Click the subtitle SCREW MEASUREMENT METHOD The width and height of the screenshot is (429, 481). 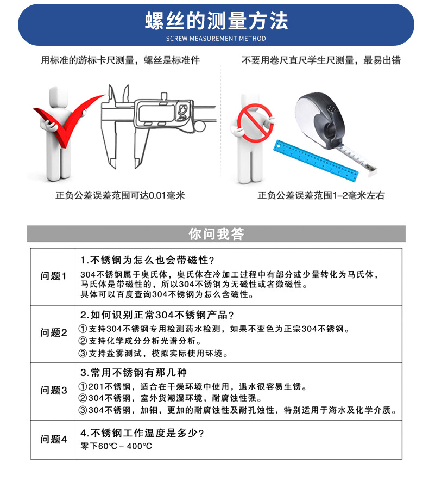tap(216, 39)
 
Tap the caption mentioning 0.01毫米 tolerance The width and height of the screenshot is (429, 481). tap(120, 195)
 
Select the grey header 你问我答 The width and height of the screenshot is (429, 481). tap(216, 234)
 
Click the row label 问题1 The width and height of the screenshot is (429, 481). tap(53, 276)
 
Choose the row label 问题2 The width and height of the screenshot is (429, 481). tap(53, 333)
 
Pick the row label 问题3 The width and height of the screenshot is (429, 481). tap(53, 391)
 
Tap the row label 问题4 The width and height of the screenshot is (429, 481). tap(53, 440)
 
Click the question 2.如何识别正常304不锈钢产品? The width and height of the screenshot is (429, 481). tap(157, 316)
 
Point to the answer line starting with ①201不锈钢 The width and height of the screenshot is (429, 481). tap(193, 387)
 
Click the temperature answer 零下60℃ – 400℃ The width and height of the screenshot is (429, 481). tap(116, 446)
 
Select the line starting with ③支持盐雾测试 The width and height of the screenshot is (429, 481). tap(154, 353)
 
